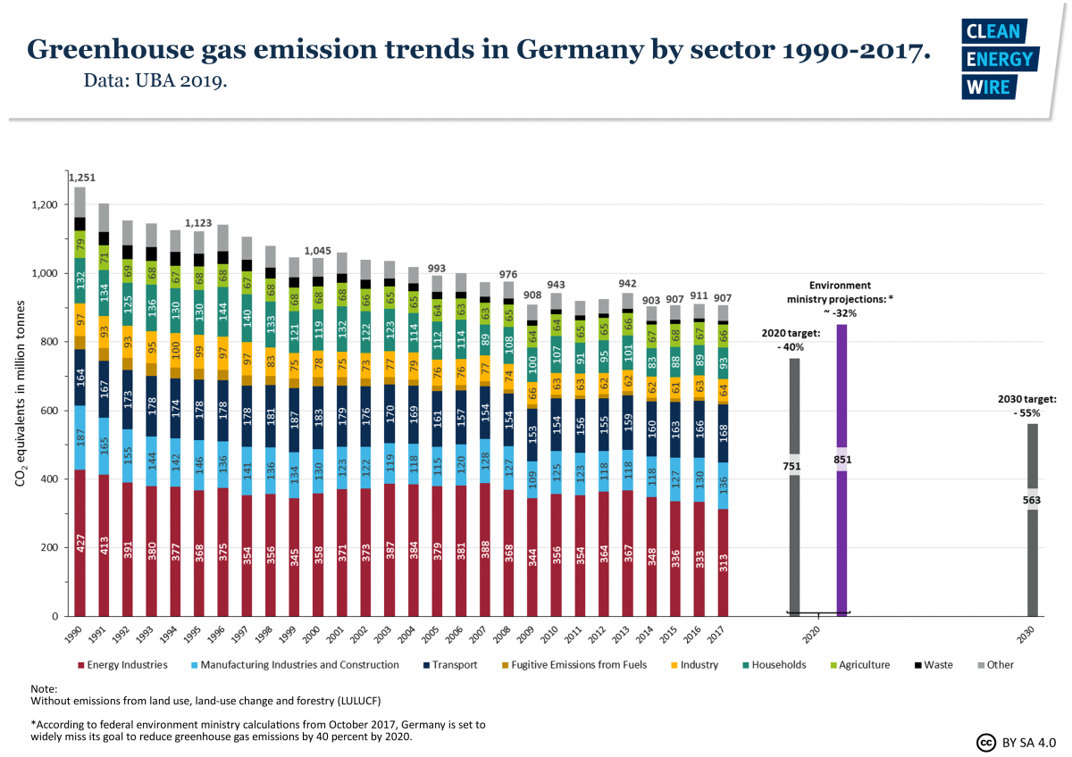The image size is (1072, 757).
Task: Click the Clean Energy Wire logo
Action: coord(999,59)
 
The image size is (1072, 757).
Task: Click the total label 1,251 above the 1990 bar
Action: coord(80,178)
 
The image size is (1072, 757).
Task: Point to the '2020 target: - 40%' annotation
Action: coord(791,340)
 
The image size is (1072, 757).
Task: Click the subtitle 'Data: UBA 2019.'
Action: coord(155,81)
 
